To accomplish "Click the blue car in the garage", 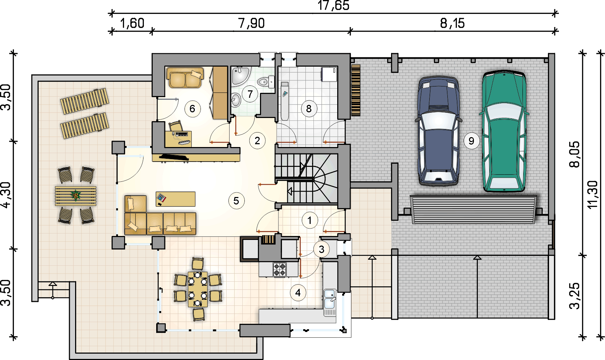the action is coord(438,131).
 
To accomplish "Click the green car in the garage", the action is coord(504,131).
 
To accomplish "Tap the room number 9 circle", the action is coord(471,141).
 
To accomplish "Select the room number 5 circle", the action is coord(236,201).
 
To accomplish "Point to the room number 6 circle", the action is coord(192,109).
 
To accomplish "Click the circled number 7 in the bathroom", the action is coord(250,94).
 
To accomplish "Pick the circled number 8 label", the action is coord(309,109).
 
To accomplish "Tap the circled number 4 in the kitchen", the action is coord(298,293).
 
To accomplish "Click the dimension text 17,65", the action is coord(333,5).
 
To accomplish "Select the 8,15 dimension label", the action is coord(452,23).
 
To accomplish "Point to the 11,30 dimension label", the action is coord(593,195).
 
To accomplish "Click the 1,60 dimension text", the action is coord(132,23).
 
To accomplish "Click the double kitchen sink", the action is coord(330,302).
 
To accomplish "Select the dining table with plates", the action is coord(198,289).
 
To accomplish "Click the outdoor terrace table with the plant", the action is coord(76,196).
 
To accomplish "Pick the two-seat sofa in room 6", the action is coord(185,78).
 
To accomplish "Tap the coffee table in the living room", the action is coord(176,199).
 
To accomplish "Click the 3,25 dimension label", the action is coord(575,296).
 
